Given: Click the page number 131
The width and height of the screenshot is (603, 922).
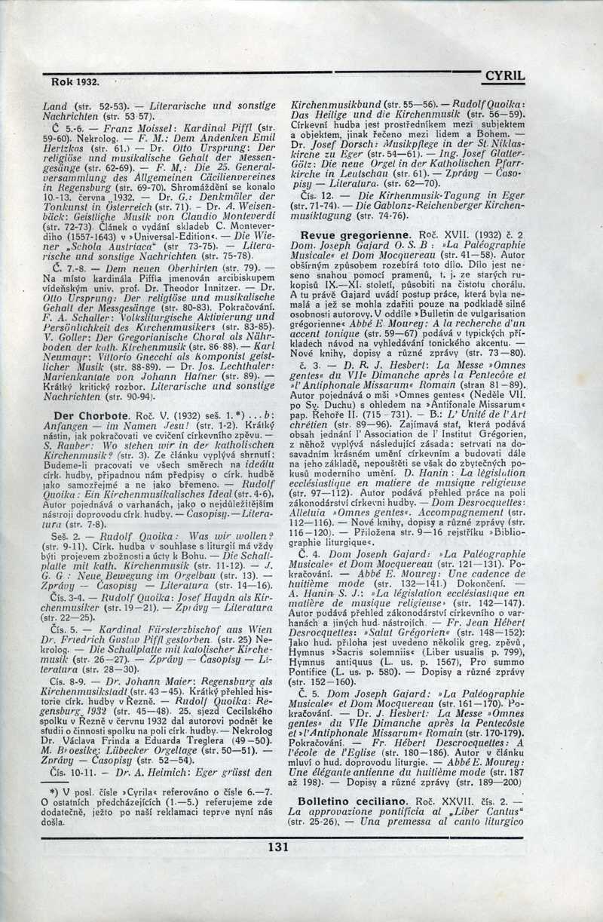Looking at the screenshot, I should tap(278, 847).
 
